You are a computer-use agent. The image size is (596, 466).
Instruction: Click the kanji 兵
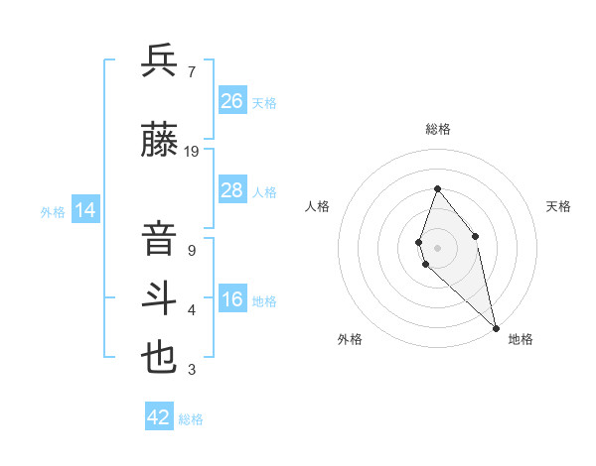point(160,60)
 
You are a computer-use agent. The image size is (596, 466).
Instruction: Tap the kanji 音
point(160,241)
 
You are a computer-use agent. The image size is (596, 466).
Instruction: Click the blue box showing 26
point(232,100)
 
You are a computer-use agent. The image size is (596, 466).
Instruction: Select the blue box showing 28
point(232,189)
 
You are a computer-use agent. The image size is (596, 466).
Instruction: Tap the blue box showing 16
point(232,299)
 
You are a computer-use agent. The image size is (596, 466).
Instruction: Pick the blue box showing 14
point(84,210)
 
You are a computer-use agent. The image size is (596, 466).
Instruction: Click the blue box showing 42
point(159,417)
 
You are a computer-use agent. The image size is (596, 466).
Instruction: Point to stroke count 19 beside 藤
point(192,152)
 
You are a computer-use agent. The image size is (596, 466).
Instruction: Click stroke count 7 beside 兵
point(191,72)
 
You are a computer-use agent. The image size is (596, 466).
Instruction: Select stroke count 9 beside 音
point(191,251)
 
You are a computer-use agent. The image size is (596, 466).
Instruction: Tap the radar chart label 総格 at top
point(438,129)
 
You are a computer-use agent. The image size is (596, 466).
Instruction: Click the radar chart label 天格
point(558,206)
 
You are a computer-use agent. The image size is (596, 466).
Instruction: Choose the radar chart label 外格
point(350,339)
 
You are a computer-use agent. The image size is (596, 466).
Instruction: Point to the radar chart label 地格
point(521,339)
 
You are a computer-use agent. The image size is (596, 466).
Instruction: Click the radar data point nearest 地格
point(496,327)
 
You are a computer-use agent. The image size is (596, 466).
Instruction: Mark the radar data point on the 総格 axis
point(437,188)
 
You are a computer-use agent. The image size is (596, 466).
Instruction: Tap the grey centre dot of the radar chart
point(437,247)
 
